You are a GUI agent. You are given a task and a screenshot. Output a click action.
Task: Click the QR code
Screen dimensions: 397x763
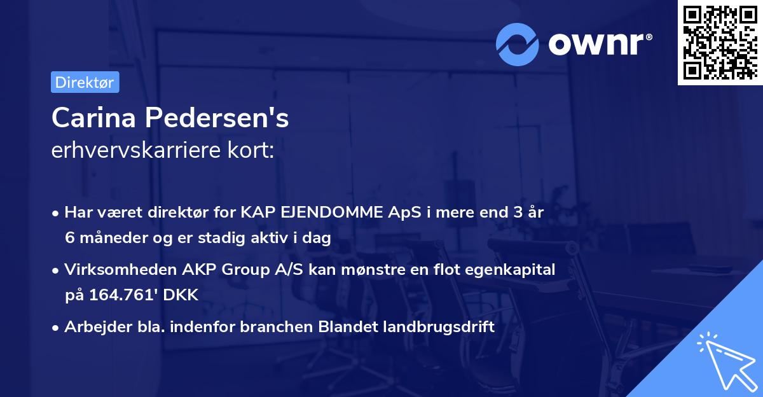coord(719,42)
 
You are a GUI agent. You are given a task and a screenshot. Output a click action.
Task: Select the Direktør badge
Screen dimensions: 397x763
coord(85,82)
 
